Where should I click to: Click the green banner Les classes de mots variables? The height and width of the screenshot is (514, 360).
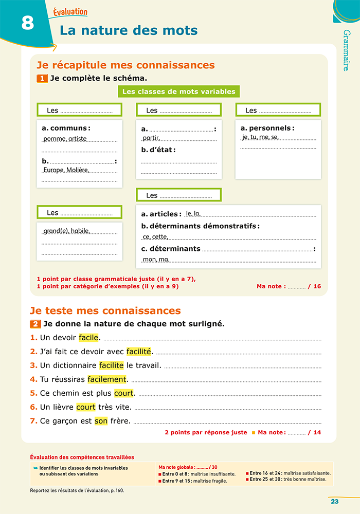click(178, 91)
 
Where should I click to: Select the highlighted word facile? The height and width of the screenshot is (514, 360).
click(88, 338)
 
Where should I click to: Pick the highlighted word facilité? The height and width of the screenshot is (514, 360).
click(139, 352)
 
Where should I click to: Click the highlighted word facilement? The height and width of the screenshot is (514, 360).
click(107, 379)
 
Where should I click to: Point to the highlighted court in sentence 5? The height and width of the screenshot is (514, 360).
click(124, 393)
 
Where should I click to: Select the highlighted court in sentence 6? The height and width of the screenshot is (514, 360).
click(86, 407)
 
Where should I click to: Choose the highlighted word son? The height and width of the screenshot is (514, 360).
click(101, 421)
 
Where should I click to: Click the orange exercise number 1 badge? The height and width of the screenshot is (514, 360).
click(42, 79)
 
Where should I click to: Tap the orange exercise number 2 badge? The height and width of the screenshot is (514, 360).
click(35, 324)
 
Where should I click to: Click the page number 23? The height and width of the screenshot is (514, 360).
click(334, 502)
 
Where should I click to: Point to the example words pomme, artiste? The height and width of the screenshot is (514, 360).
click(65, 139)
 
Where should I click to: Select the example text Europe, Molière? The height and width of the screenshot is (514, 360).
click(66, 170)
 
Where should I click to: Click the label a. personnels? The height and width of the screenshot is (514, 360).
click(267, 128)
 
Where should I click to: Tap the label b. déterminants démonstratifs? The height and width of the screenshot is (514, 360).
click(200, 226)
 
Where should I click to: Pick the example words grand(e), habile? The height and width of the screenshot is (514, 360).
click(66, 231)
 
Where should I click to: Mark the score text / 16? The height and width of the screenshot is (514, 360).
click(314, 286)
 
